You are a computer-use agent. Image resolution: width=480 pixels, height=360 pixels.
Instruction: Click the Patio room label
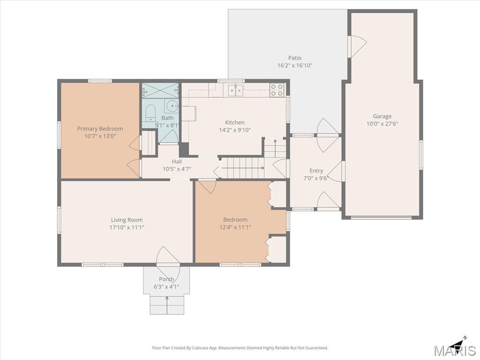tap(294, 58)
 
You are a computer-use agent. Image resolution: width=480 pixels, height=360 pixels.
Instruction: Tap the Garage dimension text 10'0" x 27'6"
tap(382, 124)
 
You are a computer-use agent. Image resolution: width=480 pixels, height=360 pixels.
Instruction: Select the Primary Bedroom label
tap(100, 129)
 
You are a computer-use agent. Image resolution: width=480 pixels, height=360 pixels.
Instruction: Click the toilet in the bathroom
tap(150, 113)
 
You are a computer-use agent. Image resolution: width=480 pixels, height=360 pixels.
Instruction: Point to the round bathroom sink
tap(172, 106)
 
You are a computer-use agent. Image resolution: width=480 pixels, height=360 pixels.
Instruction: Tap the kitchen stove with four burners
tap(277, 90)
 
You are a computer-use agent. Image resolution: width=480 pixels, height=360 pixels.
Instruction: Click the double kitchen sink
tap(235, 90)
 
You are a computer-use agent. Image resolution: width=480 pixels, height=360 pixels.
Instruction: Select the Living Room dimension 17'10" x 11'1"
tap(127, 227)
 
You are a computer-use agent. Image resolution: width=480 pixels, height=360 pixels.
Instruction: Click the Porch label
tap(166, 279)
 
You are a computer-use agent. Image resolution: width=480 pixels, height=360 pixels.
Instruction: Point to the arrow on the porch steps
tap(167, 305)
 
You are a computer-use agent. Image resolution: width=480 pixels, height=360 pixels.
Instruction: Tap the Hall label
tap(177, 162)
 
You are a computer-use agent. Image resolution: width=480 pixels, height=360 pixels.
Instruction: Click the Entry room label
tap(316, 171)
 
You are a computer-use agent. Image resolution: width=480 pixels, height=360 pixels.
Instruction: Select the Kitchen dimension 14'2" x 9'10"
tap(235, 130)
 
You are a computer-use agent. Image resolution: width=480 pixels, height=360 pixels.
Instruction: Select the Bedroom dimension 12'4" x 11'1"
tap(235, 227)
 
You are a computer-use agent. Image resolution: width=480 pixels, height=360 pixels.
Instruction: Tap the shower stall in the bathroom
tap(160, 90)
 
